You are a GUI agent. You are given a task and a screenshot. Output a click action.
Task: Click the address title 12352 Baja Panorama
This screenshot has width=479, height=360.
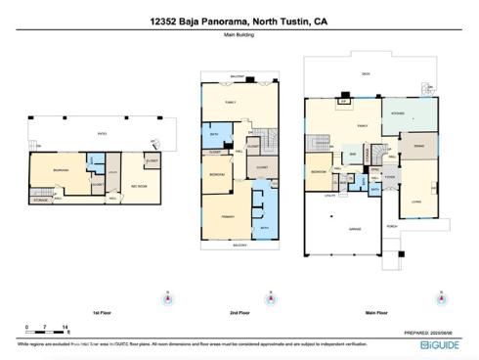pos(239,19)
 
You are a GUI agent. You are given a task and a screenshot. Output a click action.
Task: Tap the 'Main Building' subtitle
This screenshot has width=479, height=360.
pos(239,35)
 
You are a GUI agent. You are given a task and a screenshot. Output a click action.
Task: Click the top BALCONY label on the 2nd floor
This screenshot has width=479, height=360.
pos(237,75)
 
